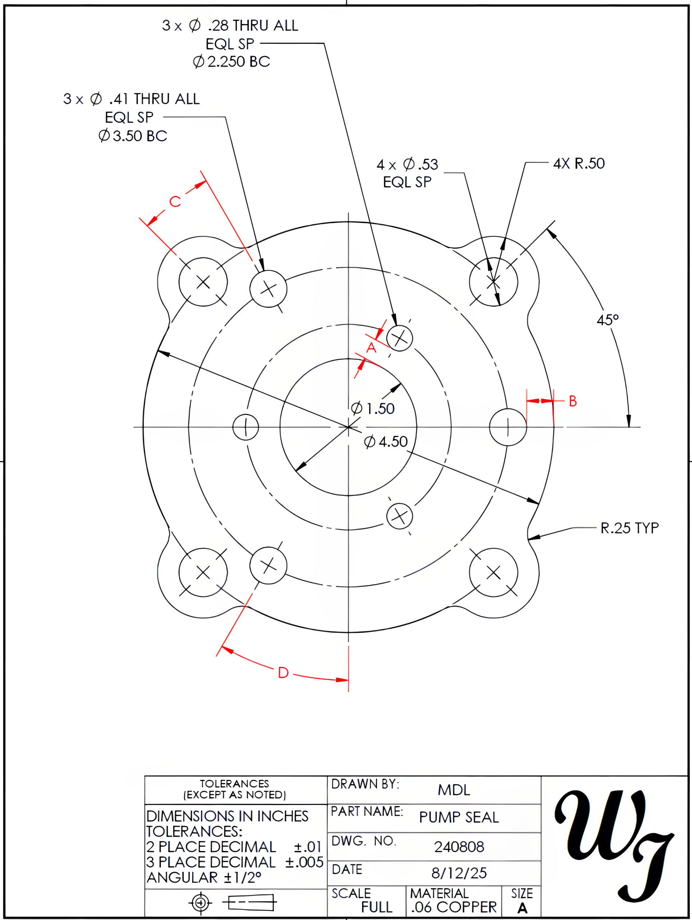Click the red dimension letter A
point(371,348)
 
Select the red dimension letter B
point(572,401)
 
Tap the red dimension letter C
point(175,202)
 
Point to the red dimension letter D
point(283,672)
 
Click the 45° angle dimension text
point(607,320)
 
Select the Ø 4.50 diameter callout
point(386,442)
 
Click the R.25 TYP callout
point(629,528)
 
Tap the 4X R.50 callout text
point(578,164)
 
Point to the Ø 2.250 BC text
point(231,62)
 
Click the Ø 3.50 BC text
point(133,136)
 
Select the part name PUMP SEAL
point(459,818)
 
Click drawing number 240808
point(459,847)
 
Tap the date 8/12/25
point(459,873)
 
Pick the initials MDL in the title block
point(454,790)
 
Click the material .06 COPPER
point(453,907)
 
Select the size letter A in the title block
point(522,908)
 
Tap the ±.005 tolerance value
point(304,862)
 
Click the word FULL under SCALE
point(377,907)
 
